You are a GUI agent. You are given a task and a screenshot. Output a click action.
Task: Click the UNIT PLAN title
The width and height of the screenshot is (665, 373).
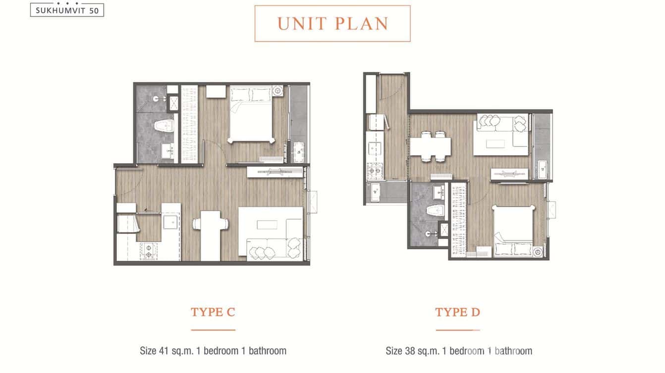(x=333, y=24)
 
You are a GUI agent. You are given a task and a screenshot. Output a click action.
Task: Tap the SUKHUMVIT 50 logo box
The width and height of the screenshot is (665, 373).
(x=67, y=10)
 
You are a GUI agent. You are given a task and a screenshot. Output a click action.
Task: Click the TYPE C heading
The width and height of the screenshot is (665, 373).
(x=213, y=312)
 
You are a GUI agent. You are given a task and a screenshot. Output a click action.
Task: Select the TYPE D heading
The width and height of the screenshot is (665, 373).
(x=457, y=312)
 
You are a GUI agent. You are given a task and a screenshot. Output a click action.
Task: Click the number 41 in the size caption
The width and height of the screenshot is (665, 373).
(x=164, y=351)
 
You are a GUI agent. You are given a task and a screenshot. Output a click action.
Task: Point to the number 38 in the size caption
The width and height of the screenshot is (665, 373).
(x=410, y=351)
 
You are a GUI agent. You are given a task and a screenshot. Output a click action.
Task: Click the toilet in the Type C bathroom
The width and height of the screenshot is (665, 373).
(x=164, y=126)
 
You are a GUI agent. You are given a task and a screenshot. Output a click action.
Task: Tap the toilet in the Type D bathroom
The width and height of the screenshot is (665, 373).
(x=435, y=211)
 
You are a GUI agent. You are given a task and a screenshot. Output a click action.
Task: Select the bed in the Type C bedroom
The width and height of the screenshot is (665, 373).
(x=251, y=114)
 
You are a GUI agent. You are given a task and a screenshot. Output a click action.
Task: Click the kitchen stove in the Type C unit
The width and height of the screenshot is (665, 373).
(x=149, y=251)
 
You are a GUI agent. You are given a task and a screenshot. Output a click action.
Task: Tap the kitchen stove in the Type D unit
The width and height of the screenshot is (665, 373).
(x=375, y=171)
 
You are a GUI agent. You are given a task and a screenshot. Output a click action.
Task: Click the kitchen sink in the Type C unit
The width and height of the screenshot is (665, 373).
(x=170, y=222)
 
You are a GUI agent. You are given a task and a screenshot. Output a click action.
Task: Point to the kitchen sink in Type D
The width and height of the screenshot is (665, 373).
(x=375, y=148)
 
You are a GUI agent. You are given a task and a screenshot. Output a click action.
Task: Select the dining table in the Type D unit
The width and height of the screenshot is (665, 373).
(x=430, y=146)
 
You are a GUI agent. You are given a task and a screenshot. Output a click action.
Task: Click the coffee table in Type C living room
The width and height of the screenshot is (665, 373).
(x=267, y=225)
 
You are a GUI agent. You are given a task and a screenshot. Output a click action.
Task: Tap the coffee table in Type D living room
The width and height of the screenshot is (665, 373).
(x=495, y=144)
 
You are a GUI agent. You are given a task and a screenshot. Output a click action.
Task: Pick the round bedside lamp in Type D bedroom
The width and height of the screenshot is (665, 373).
(x=538, y=252)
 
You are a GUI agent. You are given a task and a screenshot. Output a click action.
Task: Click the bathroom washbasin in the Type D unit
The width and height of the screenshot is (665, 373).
(x=438, y=192)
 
